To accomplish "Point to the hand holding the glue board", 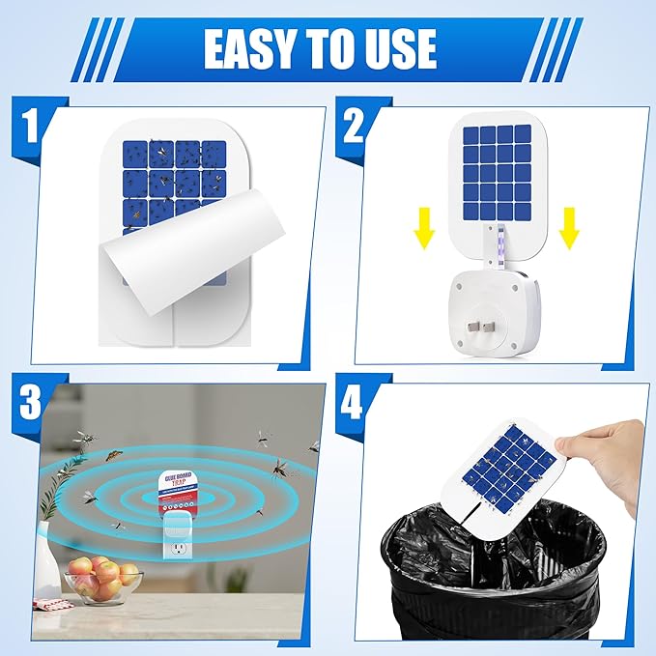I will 610,460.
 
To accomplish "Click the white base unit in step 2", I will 494,315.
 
